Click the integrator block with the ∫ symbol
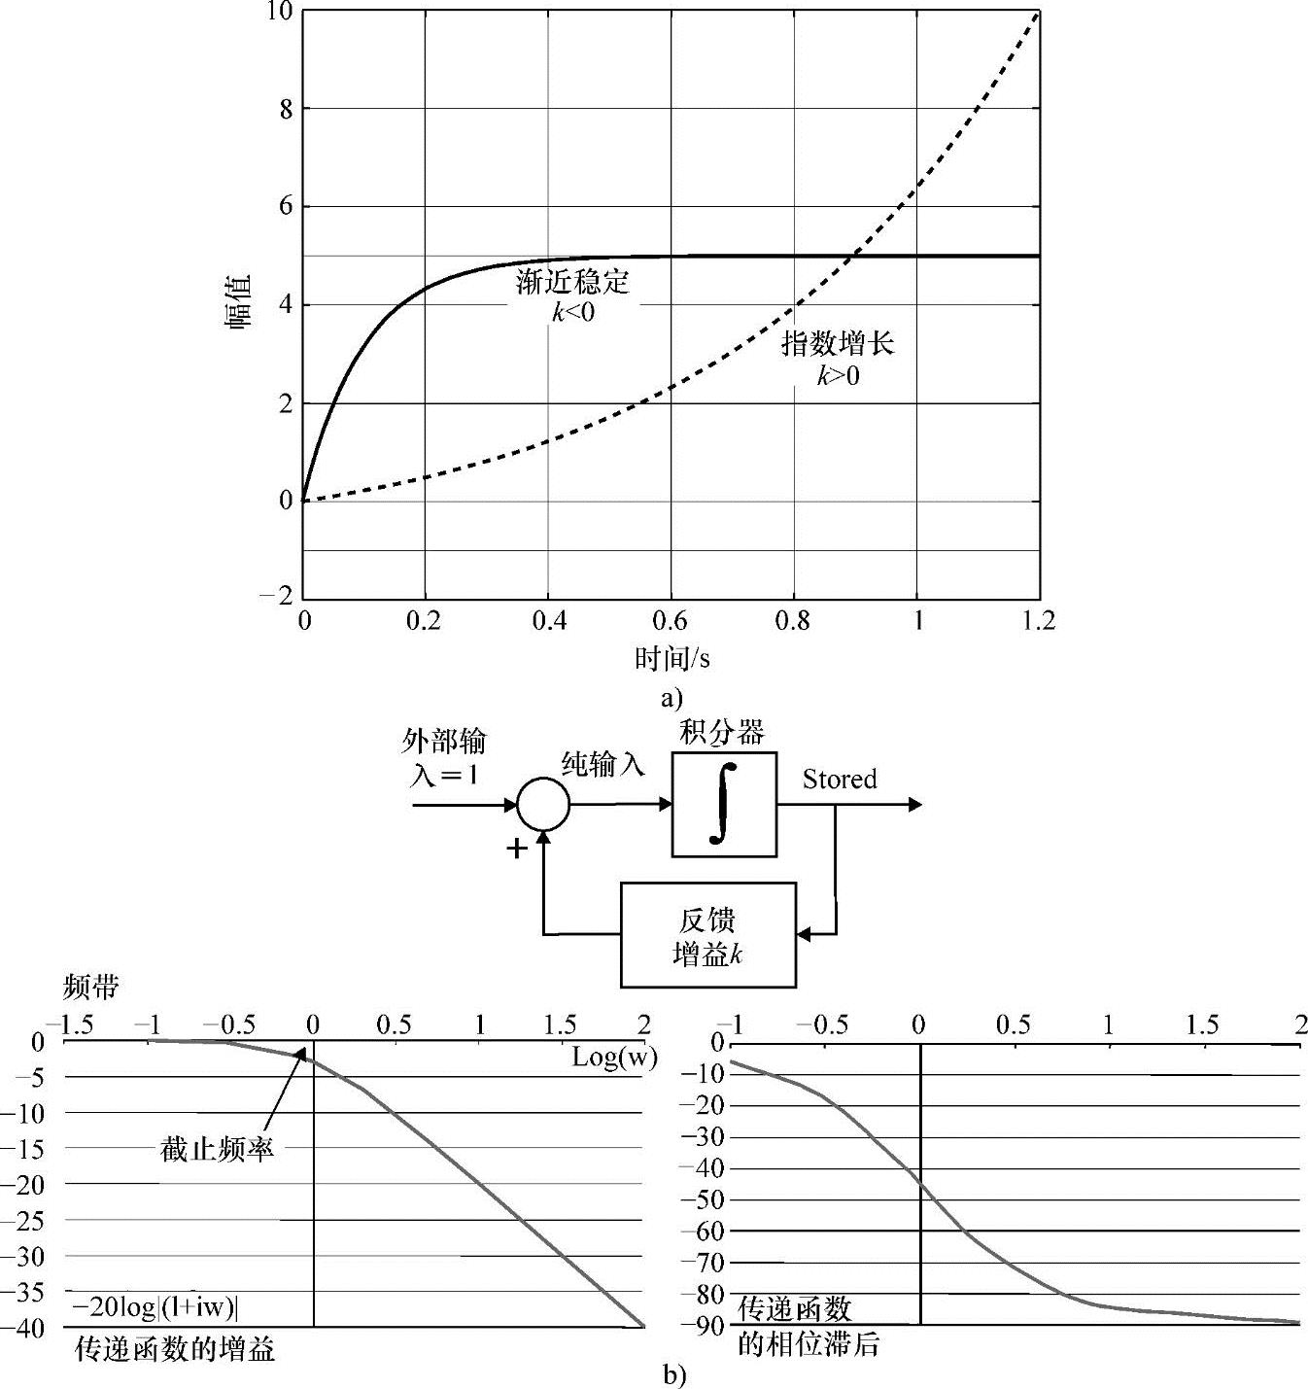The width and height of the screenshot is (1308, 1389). (x=724, y=804)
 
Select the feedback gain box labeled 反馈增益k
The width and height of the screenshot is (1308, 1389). (x=707, y=935)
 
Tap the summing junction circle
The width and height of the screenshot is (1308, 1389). (x=543, y=804)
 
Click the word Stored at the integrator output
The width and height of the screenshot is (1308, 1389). (x=840, y=780)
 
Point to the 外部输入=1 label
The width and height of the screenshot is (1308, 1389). (x=445, y=758)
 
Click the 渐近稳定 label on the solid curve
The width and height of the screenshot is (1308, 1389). (x=572, y=282)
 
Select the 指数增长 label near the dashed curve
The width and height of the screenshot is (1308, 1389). (x=838, y=343)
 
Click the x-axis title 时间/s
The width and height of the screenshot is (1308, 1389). (x=672, y=659)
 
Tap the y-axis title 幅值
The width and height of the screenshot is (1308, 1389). (x=240, y=304)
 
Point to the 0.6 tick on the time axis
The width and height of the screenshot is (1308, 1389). (x=671, y=621)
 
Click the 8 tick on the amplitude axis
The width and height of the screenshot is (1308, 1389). (x=286, y=109)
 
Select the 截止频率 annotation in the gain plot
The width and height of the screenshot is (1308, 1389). (x=218, y=1149)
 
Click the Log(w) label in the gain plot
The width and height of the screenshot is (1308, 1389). (x=614, y=1058)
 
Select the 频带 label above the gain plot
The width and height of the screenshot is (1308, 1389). (x=90, y=988)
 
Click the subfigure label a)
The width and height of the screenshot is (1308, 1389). (x=671, y=698)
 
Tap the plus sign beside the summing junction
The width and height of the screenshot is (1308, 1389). (x=518, y=849)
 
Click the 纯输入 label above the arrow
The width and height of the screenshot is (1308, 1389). (x=603, y=765)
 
